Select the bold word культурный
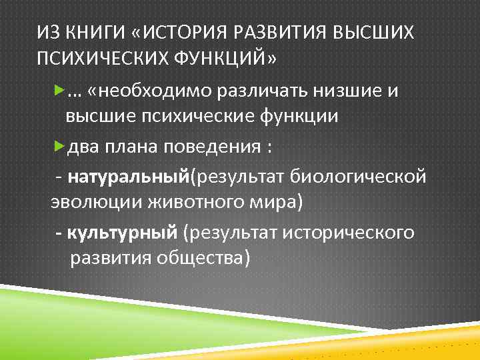126,233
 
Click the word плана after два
133,148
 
